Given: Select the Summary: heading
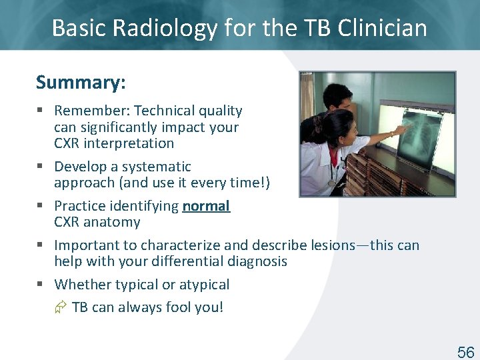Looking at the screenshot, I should pos(81,83).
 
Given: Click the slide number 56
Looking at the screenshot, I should pos(465,353).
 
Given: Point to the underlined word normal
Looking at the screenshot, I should pos(206,206).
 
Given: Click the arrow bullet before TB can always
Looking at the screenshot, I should pos(61,307).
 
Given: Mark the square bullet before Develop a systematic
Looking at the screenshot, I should pos(41,167).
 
